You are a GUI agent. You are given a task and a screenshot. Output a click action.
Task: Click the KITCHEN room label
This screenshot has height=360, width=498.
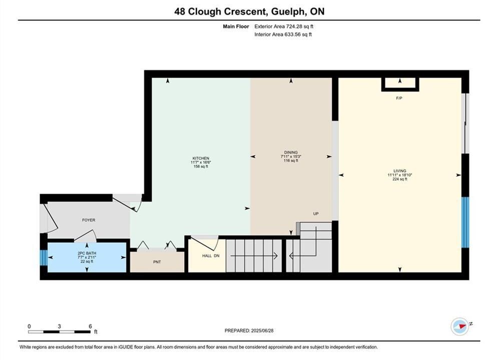pyautogui.click(x=201, y=158)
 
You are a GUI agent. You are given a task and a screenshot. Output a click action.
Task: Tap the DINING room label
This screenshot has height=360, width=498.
pyautogui.click(x=291, y=152)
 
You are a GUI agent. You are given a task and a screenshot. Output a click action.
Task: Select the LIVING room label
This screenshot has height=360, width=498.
pyautogui.click(x=400, y=170)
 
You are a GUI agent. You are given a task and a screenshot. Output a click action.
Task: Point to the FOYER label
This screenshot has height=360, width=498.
pyautogui.click(x=89, y=220)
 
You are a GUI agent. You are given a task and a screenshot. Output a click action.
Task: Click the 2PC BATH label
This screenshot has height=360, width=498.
pyautogui.click(x=87, y=253)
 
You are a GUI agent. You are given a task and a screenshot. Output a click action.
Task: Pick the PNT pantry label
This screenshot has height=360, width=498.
pyautogui.click(x=157, y=262)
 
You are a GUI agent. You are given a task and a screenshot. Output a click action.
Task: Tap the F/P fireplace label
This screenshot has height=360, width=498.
pyautogui.click(x=399, y=98)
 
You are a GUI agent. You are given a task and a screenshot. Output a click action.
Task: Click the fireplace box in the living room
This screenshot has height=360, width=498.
pyautogui.click(x=400, y=84)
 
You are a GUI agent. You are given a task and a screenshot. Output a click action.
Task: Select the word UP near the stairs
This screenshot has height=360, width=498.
pyautogui.click(x=316, y=213)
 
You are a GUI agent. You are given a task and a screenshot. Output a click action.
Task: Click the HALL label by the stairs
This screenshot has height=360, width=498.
pyautogui.click(x=207, y=255)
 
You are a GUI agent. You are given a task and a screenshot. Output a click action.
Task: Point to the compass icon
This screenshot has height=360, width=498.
pyautogui.click(x=460, y=326)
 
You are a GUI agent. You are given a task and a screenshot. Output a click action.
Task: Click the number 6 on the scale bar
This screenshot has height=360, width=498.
pyautogui.click(x=90, y=326)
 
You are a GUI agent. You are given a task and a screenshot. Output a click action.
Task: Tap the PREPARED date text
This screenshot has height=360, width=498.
pyautogui.click(x=249, y=330)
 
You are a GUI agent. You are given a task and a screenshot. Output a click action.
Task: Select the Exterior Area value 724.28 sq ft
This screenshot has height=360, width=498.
pyautogui.click(x=299, y=26)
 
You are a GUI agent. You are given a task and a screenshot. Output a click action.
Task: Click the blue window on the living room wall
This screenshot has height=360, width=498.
pyautogui.click(x=465, y=222)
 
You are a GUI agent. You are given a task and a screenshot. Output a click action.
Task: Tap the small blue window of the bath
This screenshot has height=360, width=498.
pyautogui.click(x=44, y=257)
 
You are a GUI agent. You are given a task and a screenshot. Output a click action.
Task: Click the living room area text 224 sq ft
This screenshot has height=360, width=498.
pyautogui.click(x=400, y=179)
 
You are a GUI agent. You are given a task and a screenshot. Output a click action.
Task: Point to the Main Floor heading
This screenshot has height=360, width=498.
pyautogui.click(x=236, y=26)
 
